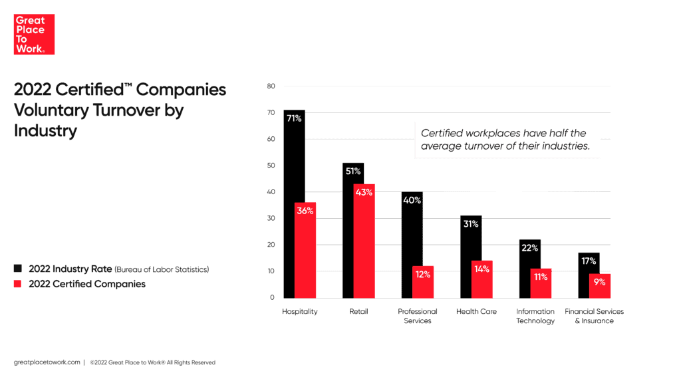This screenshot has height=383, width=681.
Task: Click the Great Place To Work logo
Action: coord(34,35)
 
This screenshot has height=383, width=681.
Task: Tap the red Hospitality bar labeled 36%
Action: coord(305,250)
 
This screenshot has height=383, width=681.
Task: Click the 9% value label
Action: coord(600,282)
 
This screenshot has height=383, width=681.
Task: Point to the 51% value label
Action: coord(353,171)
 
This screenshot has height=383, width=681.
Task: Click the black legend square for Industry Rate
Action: coord(18,269)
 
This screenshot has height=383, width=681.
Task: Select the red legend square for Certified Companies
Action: coord(18,284)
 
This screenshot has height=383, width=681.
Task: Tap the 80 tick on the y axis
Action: coord(271,86)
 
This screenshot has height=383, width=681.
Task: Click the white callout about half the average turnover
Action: coord(507,140)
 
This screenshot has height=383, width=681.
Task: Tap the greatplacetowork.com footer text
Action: coord(46,362)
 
